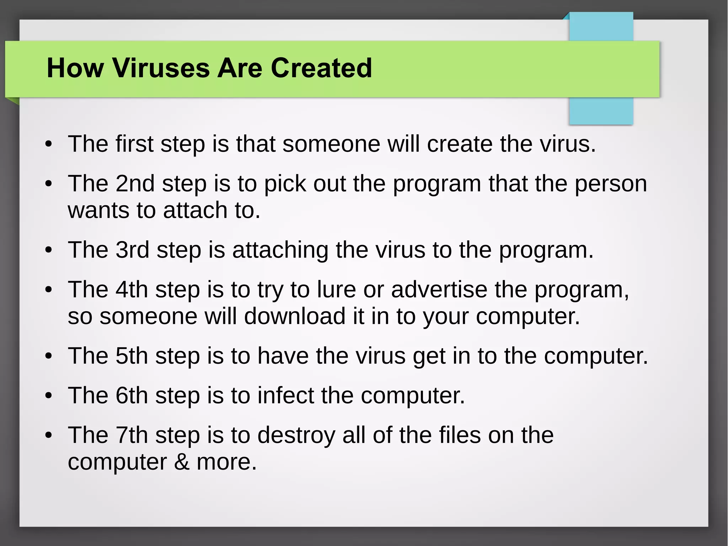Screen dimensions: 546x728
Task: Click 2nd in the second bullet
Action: point(135,184)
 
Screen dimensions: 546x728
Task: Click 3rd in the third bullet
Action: point(132,250)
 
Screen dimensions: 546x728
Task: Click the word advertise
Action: point(439,289)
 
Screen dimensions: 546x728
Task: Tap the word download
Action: point(295,316)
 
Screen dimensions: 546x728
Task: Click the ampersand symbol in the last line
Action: point(182,462)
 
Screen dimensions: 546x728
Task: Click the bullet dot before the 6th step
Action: point(49,396)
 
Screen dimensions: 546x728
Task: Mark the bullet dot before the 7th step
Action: point(49,435)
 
